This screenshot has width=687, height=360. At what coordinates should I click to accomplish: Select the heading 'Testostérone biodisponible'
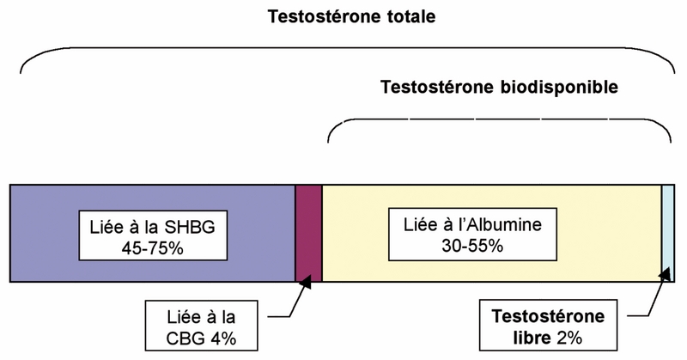(x=499, y=88)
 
